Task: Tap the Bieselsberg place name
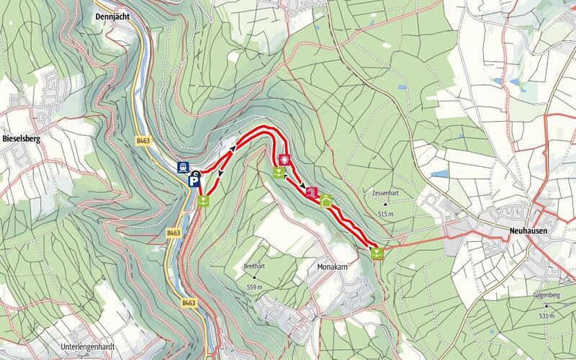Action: (x=20, y=140)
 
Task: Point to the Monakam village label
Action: (x=333, y=266)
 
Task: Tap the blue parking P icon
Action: (x=194, y=184)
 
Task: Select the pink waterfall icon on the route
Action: (x=311, y=193)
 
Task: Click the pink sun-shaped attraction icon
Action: (x=284, y=159)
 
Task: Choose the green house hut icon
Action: (x=325, y=202)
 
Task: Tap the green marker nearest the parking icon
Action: (x=204, y=201)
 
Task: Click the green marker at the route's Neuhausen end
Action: (x=377, y=253)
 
